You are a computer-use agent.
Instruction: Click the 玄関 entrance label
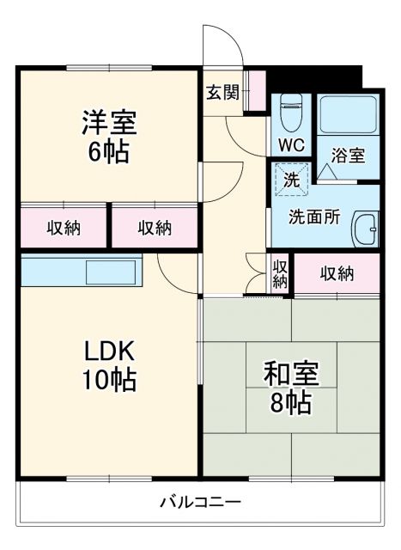(222, 93)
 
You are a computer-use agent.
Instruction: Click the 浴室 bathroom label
(349, 156)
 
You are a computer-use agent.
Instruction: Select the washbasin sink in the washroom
(367, 229)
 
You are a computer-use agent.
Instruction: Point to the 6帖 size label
(109, 153)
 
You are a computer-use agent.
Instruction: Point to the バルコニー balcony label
(200, 502)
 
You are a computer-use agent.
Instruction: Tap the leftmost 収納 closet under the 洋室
(64, 228)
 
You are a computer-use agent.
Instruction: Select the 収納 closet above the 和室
(337, 274)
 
